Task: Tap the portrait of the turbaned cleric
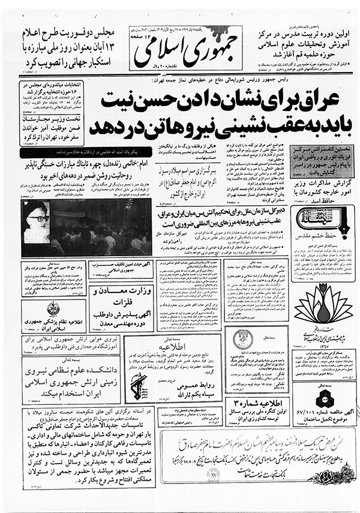point(37,221)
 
